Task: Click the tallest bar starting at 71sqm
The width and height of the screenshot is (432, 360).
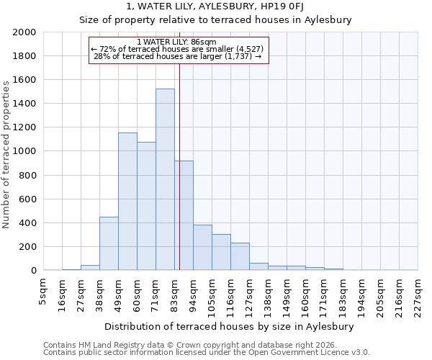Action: (x=165, y=179)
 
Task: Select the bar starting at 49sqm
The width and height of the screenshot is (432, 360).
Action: (x=127, y=202)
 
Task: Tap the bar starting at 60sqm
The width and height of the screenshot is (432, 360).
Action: (x=146, y=206)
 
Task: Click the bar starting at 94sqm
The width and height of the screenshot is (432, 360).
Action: (x=202, y=248)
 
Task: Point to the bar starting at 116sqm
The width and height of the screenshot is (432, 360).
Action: (x=240, y=256)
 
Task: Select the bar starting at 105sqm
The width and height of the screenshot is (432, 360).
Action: (x=221, y=252)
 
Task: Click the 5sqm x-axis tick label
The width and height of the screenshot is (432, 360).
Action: (x=43, y=292)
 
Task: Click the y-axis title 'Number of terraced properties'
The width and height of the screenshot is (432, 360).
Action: (x=6, y=154)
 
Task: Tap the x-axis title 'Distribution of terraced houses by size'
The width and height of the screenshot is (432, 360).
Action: (x=234, y=327)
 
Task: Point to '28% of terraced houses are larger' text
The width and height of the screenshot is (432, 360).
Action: (x=178, y=56)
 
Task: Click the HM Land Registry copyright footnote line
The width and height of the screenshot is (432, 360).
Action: (x=194, y=345)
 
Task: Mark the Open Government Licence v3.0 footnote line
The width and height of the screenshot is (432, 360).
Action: (x=206, y=353)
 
